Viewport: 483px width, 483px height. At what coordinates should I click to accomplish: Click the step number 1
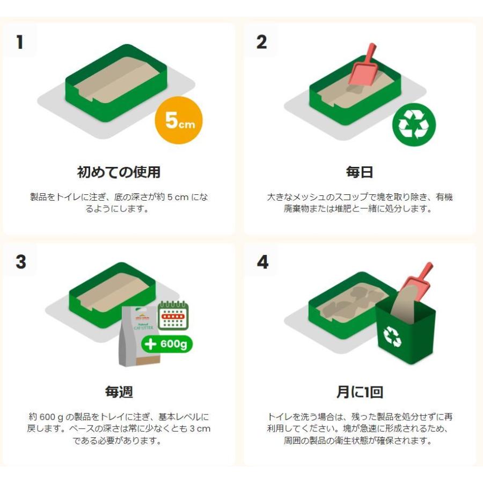(x=20, y=42)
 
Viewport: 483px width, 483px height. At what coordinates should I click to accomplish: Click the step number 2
(x=261, y=42)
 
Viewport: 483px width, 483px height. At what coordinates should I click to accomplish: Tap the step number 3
(x=20, y=262)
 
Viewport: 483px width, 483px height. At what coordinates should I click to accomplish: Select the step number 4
(x=262, y=262)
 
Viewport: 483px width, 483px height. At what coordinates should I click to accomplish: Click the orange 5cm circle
(x=178, y=122)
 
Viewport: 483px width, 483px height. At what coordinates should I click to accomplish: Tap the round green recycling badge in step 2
(x=414, y=125)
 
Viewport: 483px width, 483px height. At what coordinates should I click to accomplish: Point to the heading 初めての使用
(x=119, y=172)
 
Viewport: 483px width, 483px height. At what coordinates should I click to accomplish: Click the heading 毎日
(x=359, y=172)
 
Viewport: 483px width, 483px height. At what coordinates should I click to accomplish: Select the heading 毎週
(x=119, y=392)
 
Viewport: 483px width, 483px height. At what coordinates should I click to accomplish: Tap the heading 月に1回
(x=359, y=392)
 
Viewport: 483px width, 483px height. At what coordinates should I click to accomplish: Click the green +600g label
(x=166, y=344)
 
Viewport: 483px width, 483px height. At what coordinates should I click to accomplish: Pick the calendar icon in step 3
(x=173, y=315)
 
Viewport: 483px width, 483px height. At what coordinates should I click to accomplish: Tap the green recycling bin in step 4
(x=405, y=333)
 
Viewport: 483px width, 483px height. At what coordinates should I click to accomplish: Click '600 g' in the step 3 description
(x=56, y=416)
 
